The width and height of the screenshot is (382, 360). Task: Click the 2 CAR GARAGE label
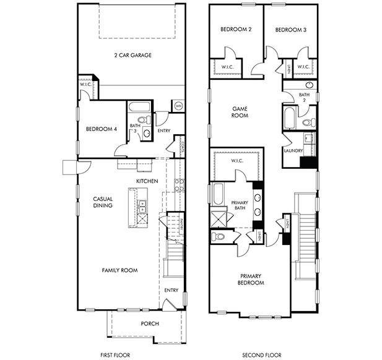click(x=132, y=55)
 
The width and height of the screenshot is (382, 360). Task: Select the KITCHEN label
click(x=147, y=181)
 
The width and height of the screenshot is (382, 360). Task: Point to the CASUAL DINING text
click(x=102, y=202)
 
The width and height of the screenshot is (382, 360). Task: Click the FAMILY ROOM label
click(x=120, y=270)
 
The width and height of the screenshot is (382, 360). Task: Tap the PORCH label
click(x=150, y=324)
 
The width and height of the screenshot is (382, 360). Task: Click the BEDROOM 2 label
click(x=235, y=29)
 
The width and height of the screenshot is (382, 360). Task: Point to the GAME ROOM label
click(x=240, y=111)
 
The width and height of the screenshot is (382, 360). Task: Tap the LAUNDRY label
click(x=292, y=150)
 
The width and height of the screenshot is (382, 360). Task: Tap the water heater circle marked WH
click(x=178, y=105)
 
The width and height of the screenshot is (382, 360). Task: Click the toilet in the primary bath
click(x=219, y=236)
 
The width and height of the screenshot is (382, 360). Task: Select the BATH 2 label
click(x=303, y=97)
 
